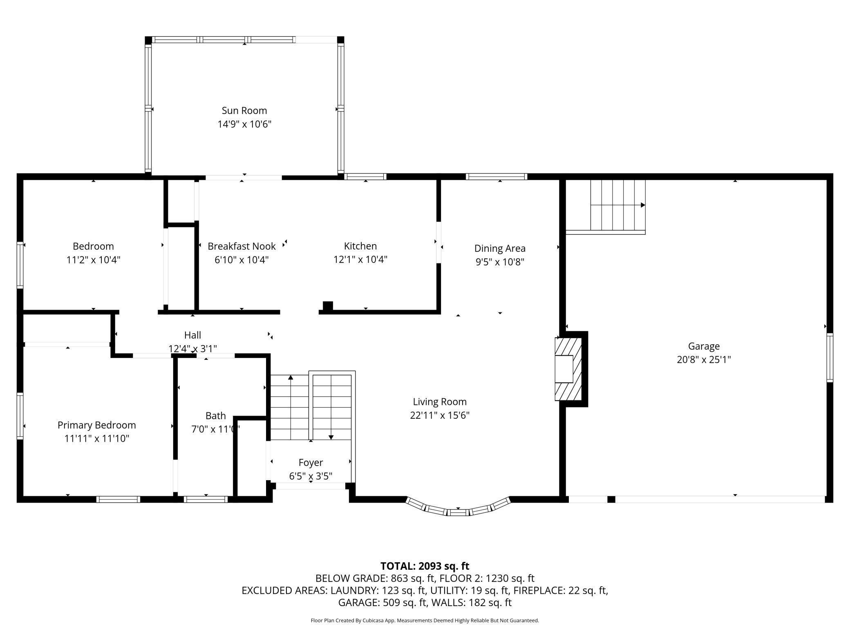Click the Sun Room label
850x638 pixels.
pyautogui.click(x=244, y=110)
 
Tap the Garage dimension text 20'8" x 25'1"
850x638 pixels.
pyautogui.click(x=704, y=359)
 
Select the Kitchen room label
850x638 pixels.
pyautogui.click(x=360, y=246)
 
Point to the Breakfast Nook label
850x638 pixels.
pyautogui.click(x=242, y=246)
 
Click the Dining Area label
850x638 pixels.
pyautogui.click(x=500, y=248)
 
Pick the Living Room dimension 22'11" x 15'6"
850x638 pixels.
pyautogui.click(x=440, y=415)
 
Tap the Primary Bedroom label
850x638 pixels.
pyautogui.click(x=97, y=425)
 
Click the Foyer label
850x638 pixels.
pyautogui.click(x=311, y=463)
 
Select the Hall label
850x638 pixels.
pyautogui.click(x=192, y=335)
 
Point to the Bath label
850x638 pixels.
pyautogui.click(x=215, y=416)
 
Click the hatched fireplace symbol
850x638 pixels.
pyautogui.click(x=568, y=369)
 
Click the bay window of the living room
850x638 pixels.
pyautogui.click(x=458, y=508)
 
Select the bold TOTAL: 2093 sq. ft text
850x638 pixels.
pyautogui.click(x=425, y=566)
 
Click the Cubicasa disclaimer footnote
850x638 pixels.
pyautogui.click(x=425, y=620)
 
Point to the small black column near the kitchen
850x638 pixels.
pyautogui.click(x=328, y=306)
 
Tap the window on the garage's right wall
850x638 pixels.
pyautogui.click(x=830, y=358)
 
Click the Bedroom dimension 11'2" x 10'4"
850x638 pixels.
pyautogui.click(x=93, y=260)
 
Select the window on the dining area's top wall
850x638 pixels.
pyautogui.click(x=497, y=177)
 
